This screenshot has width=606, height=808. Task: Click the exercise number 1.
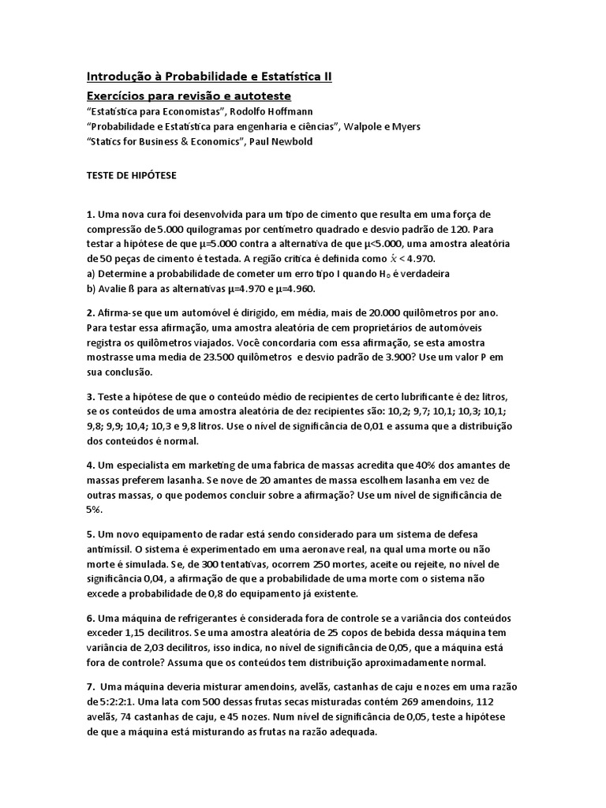point(90,215)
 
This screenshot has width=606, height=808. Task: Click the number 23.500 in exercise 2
point(220,357)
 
